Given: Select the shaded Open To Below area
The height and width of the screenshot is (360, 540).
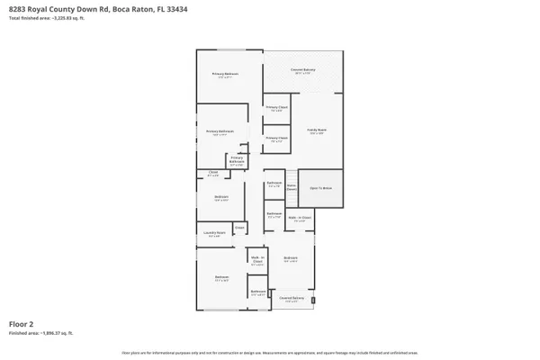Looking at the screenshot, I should click(x=321, y=188).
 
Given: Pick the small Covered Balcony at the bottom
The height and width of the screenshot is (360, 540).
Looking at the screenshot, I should click(x=291, y=299).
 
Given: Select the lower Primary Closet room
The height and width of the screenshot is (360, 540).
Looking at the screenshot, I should click(x=276, y=139).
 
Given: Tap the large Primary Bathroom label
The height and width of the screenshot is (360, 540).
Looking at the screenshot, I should click(x=220, y=131).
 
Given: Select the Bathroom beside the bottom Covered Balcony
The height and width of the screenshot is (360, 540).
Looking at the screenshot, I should click(x=256, y=292).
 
